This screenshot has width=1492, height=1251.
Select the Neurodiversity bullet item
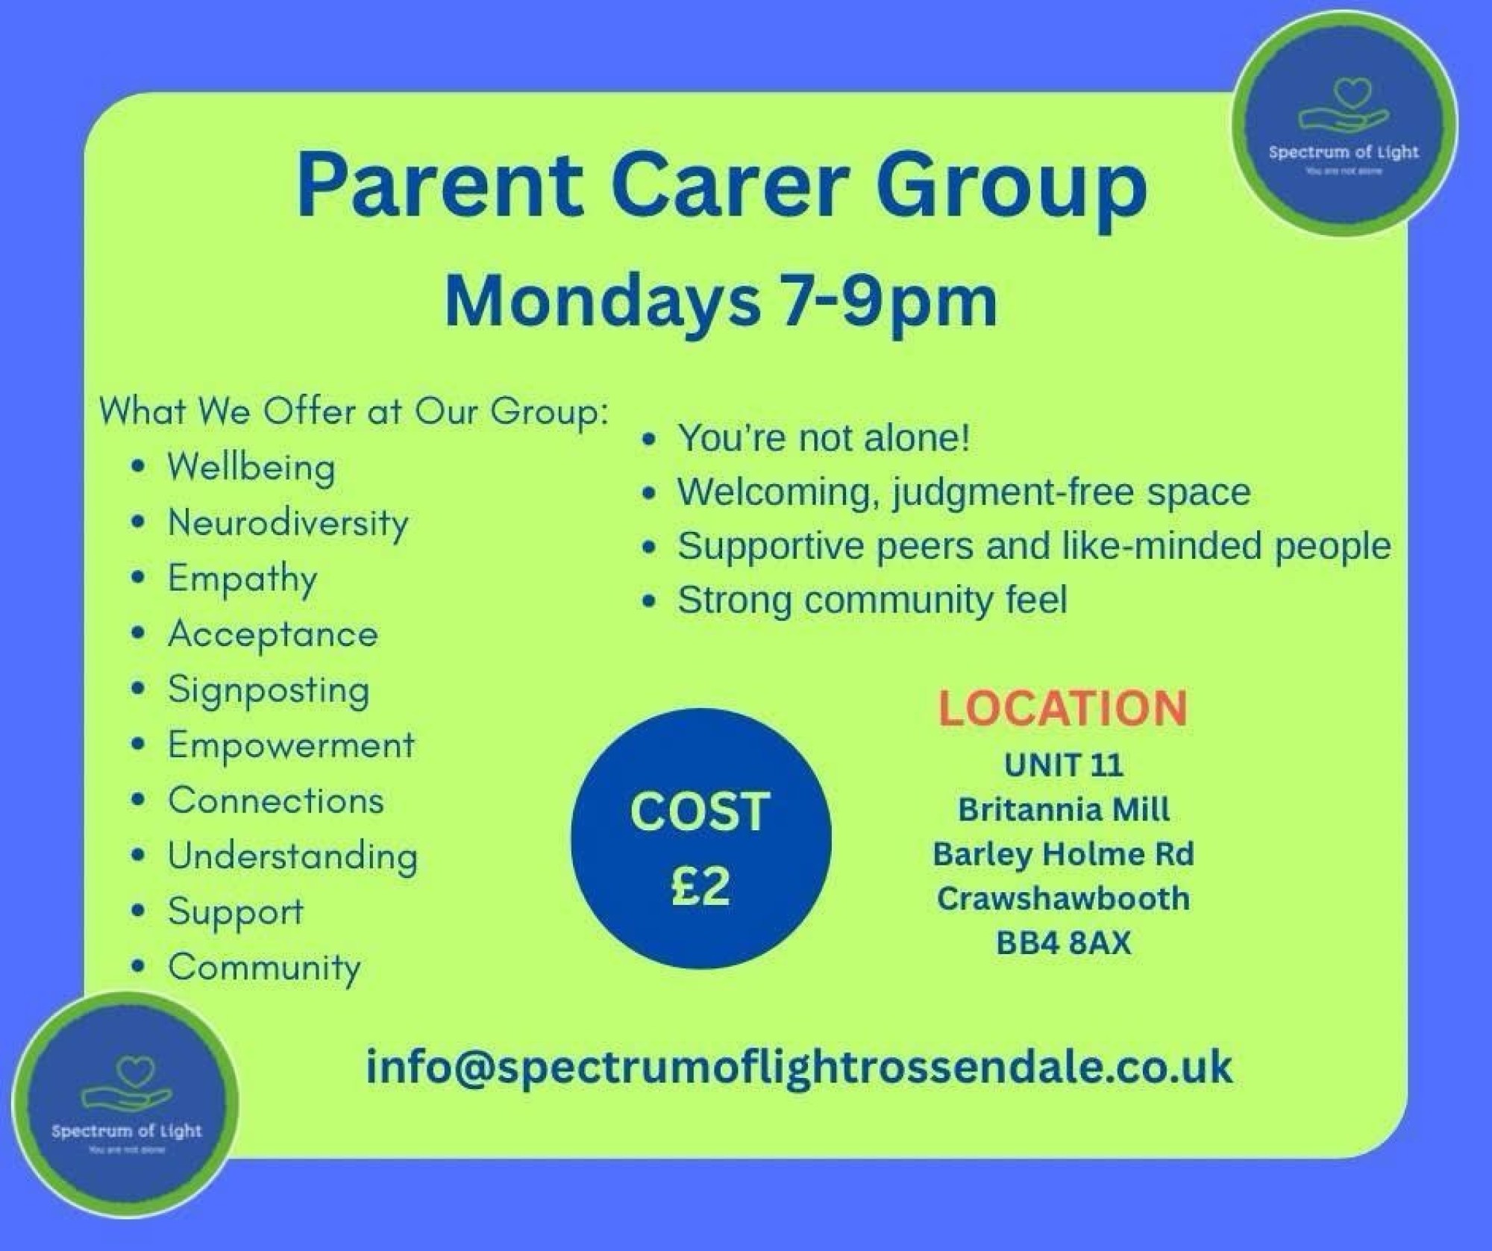point(288,522)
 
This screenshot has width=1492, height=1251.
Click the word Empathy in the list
point(242,579)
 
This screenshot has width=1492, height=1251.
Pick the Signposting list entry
point(269,690)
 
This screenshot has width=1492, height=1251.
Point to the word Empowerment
point(291,744)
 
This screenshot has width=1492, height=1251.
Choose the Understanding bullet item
point(292,856)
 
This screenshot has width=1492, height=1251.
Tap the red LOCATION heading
point(1062,708)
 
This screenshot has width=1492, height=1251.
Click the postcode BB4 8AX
point(1063,943)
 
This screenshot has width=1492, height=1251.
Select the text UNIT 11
point(1063,765)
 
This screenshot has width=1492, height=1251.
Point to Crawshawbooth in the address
point(1063,898)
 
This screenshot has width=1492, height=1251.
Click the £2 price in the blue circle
point(700,887)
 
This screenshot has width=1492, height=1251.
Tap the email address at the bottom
point(799,1067)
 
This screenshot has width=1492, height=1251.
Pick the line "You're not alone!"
point(824,437)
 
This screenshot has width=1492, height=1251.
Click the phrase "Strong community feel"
point(872,600)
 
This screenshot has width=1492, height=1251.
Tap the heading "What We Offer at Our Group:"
point(354,412)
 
